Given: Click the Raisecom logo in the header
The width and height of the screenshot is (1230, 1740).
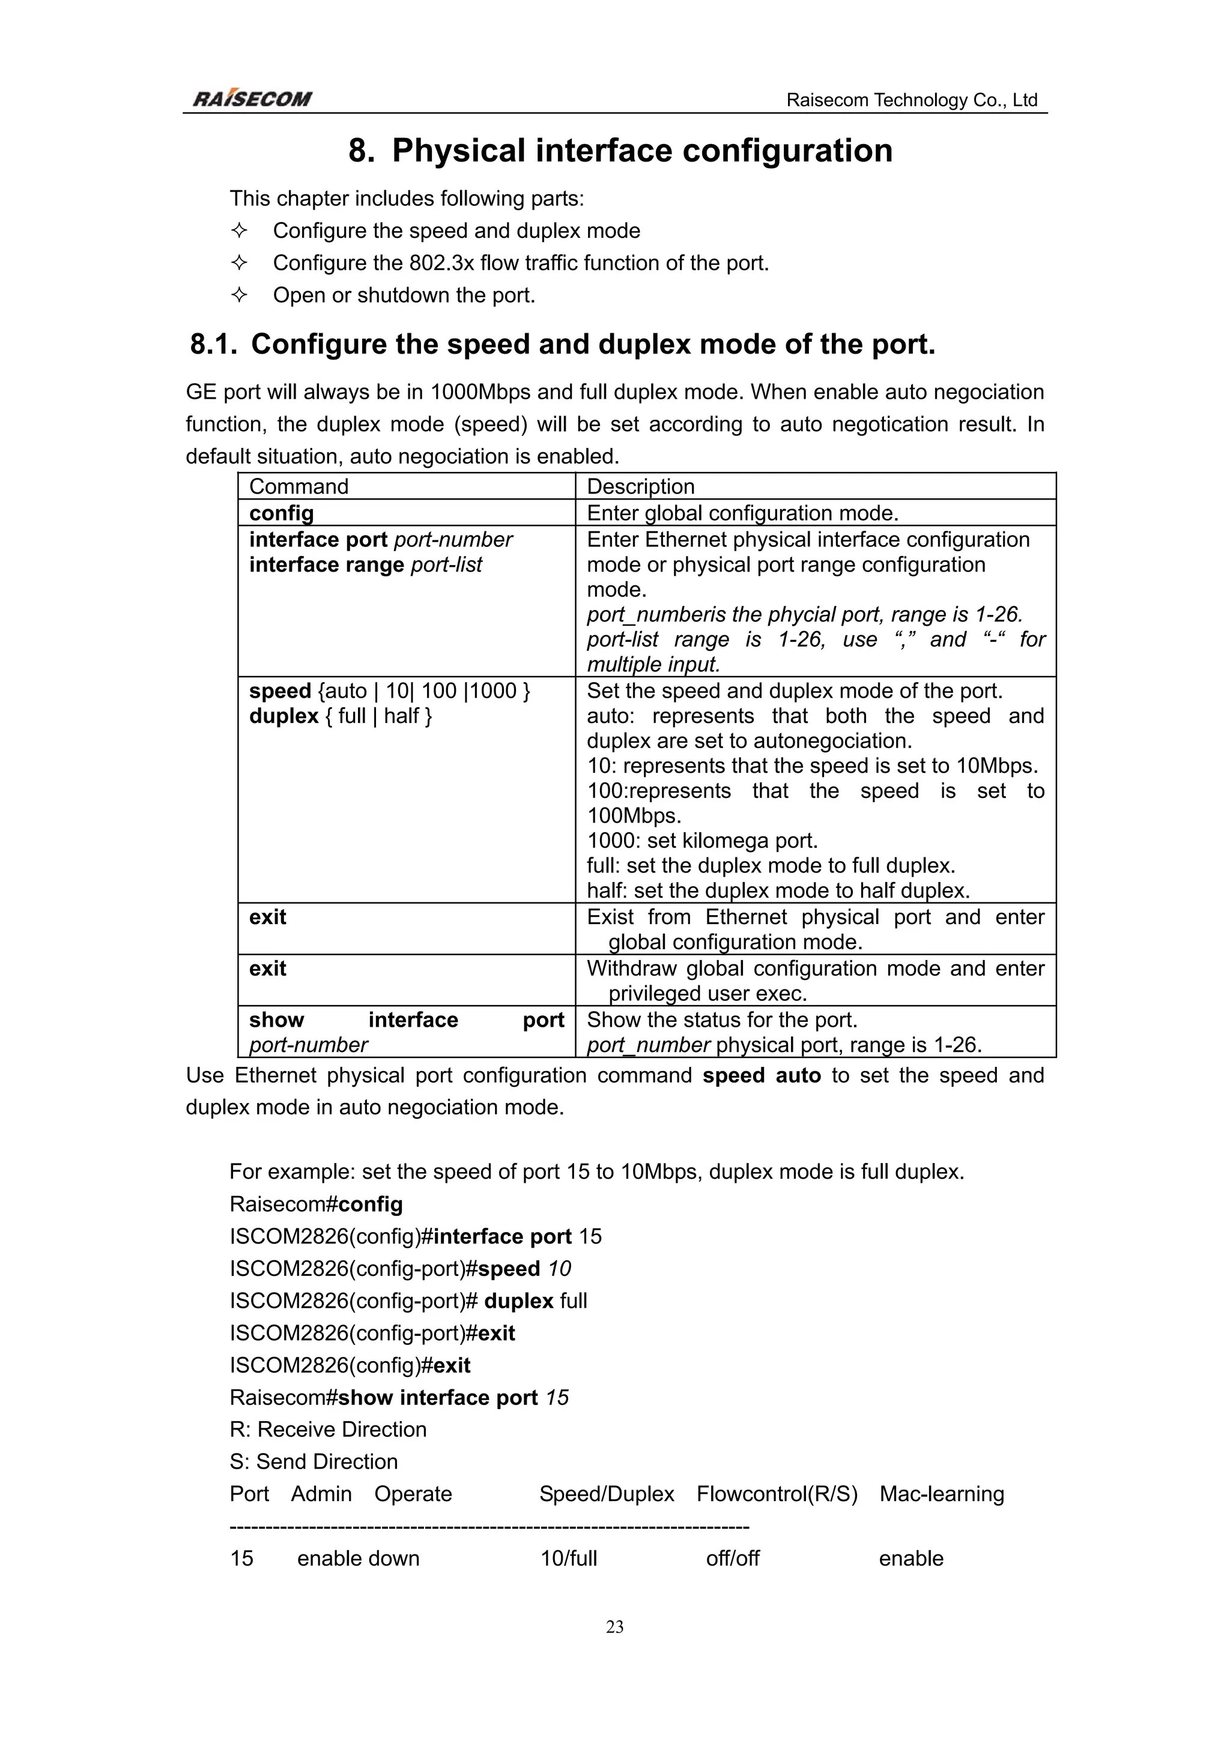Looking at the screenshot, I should (252, 98).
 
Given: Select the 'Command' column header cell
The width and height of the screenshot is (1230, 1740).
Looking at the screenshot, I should (298, 486).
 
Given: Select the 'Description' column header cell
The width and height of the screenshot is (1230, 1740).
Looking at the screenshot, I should (640, 486).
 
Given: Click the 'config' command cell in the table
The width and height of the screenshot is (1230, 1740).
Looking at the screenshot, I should (281, 513).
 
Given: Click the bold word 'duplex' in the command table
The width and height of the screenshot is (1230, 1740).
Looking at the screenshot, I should (283, 716).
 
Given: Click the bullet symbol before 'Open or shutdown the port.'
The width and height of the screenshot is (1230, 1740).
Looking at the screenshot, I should (238, 295).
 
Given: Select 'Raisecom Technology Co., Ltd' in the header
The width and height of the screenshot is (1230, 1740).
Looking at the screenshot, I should (911, 100).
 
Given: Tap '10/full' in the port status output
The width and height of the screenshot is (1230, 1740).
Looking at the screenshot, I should (568, 1558).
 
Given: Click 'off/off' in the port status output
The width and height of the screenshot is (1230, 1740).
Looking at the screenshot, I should (732, 1558).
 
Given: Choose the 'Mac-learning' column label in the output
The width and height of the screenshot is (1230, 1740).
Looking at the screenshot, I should (941, 1494).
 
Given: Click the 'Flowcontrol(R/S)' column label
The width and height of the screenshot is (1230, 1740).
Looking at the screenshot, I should (777, 1494).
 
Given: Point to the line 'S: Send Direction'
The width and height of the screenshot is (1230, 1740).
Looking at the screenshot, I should (313, 1461).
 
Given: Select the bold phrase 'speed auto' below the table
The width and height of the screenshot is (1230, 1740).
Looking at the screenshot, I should (761, 1075).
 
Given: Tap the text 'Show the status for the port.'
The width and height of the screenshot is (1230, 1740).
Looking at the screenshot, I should (721, 1020).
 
